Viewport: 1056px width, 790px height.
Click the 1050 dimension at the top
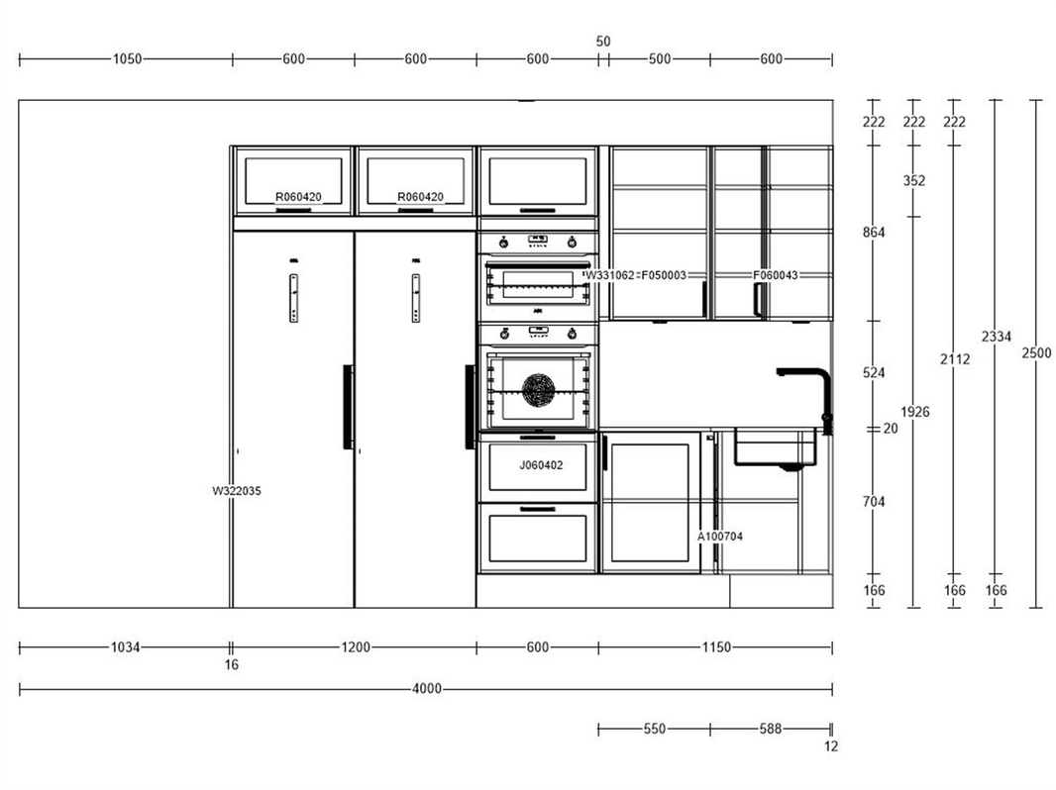(x=127, y=59)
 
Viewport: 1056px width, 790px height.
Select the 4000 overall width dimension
(x=427, y=688)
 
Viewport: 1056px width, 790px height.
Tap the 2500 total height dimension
(x=1036, y=352)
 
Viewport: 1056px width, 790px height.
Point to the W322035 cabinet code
(x=237, y=491)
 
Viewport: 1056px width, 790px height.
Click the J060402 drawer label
(x=541, y=465)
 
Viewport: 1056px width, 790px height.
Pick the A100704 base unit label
(x=720, y=537)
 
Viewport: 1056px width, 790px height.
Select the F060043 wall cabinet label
(x=776, y=275)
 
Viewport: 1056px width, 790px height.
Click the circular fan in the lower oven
(x=539, y=390)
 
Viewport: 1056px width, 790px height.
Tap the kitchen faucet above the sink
(x=807, y=398)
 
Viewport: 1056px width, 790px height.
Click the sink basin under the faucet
(x=776, y=447)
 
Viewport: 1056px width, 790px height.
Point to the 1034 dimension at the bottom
(x=125, y=647)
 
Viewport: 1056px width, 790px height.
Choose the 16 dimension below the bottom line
(x=231, y=665)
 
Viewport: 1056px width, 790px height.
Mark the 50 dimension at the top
(x=603, y=42)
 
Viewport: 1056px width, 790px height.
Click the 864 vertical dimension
(x=874, y=233)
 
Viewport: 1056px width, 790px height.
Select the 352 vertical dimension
(x=914, y=180)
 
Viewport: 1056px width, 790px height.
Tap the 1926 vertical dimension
(x=914, y=412)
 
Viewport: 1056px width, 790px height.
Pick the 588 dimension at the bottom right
(x=771, y=729)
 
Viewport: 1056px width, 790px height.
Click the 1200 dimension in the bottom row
(x=356, y=647)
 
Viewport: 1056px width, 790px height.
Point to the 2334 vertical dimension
(x=996, y=337)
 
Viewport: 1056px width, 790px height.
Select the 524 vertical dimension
(x=874, y=373)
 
